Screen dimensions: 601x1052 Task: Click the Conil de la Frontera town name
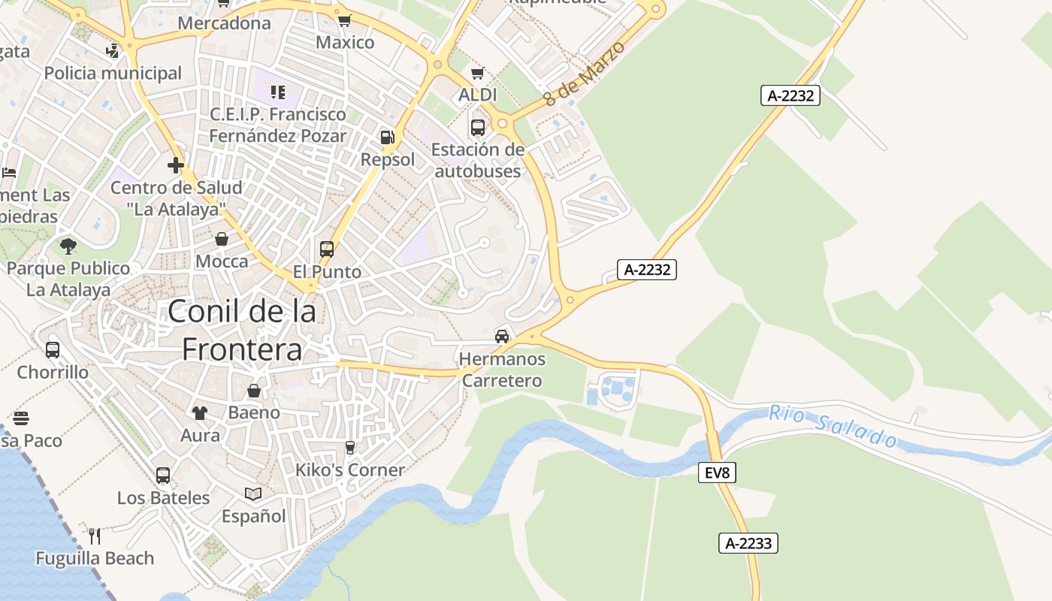pos(242,330)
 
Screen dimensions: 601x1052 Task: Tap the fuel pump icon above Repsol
pos(387,137)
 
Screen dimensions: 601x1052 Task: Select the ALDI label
pos(478,95)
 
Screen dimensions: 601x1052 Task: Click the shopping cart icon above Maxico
pos(344,20)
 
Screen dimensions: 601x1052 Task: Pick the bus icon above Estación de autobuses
pos(478,127)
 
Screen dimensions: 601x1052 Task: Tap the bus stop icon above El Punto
pos(327,249)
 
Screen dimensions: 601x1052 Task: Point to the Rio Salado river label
pos(833,426)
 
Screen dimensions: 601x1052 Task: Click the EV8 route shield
pos(717,473)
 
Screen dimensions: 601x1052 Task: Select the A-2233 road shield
pos(748,543)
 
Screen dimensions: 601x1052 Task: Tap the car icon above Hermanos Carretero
pos(502,336)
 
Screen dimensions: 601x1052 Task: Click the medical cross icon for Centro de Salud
pos(176,165)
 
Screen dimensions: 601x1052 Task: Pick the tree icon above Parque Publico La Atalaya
pos(68,246)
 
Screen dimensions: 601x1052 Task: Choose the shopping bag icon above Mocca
pos(222,239)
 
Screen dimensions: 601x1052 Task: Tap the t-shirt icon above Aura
pos(200,412)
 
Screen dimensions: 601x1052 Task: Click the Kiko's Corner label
pos(350,470)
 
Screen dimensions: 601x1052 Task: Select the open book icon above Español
pos(253,494)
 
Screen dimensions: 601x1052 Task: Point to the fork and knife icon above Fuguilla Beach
pos(95,536)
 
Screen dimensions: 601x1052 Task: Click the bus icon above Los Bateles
pos(163,475)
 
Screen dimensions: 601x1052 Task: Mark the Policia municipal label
pos(113,73)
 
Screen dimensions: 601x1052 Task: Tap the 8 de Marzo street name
pos(585,74)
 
